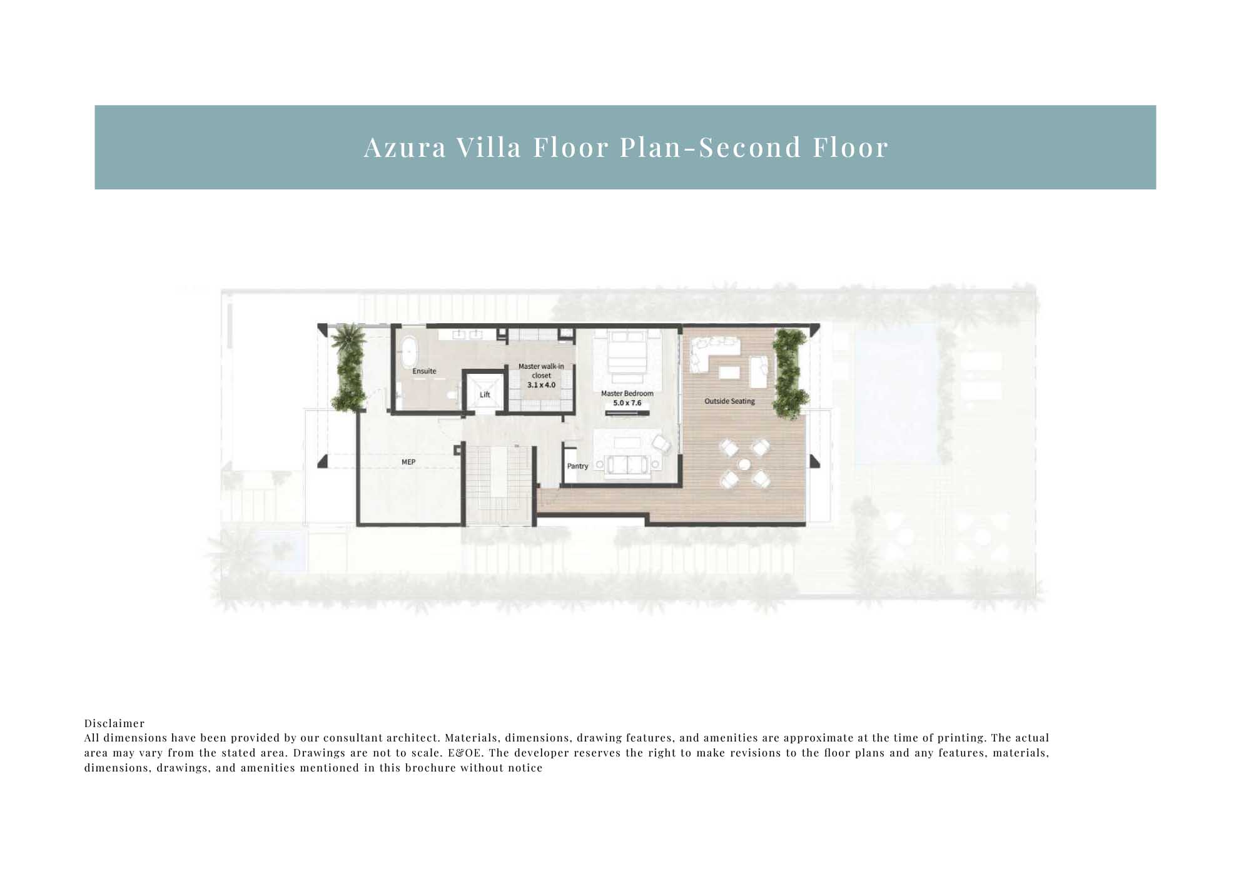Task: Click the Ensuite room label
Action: point(424,371)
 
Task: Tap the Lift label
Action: point(485,394)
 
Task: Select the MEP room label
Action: point(408,462)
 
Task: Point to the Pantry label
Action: point(577,466)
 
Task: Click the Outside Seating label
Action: point(729,401)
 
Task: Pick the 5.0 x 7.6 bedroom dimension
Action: point(627,403)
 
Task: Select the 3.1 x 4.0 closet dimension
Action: point(541,385)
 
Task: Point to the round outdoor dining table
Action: point(744,465)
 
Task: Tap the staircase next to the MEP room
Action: point(499,485)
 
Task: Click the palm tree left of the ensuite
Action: point(347,340)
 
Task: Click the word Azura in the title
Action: point(405,148)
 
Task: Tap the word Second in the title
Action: point(750,148)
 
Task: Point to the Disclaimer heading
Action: point(114,723)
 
